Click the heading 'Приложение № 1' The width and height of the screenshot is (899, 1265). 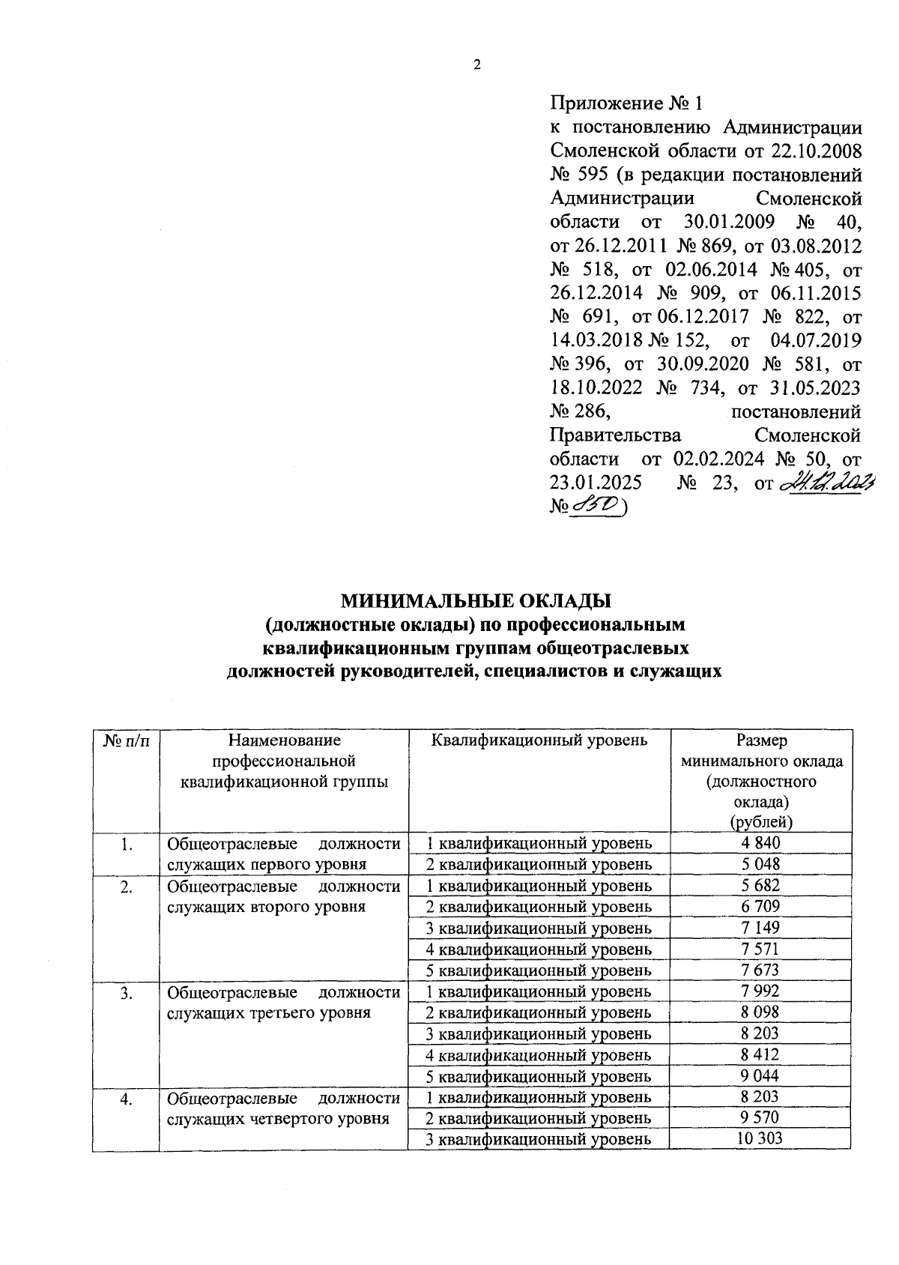tap(628, 102)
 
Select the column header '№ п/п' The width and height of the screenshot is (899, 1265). tap(127, 741)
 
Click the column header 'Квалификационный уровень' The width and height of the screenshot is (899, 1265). tap(539, 741)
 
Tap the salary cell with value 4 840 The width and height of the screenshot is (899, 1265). tap(760, 843)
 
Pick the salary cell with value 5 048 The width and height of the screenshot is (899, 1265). tap(760, 864)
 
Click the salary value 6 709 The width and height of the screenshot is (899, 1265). tap(760, 907)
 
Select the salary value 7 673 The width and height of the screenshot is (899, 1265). tap(760, 970)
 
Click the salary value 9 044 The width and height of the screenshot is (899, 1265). tap(760, 1076)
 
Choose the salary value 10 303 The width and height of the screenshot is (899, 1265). tap(760, 1139)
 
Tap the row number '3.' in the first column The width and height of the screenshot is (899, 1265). tap(127, 992)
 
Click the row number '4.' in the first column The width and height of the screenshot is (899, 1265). tap(127, 1098)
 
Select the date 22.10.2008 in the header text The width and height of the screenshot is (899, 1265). tap(815, 151)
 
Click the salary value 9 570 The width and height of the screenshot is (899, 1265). tap(760, 1118)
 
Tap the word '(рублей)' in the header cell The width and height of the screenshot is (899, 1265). tap(761, 822)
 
